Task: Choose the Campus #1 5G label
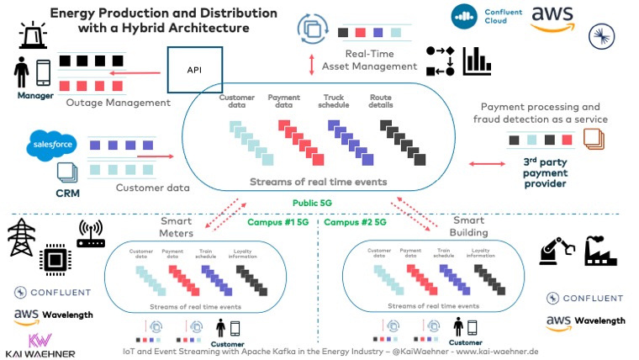[x=279, y=223]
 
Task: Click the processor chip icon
[x=54, y=261]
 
